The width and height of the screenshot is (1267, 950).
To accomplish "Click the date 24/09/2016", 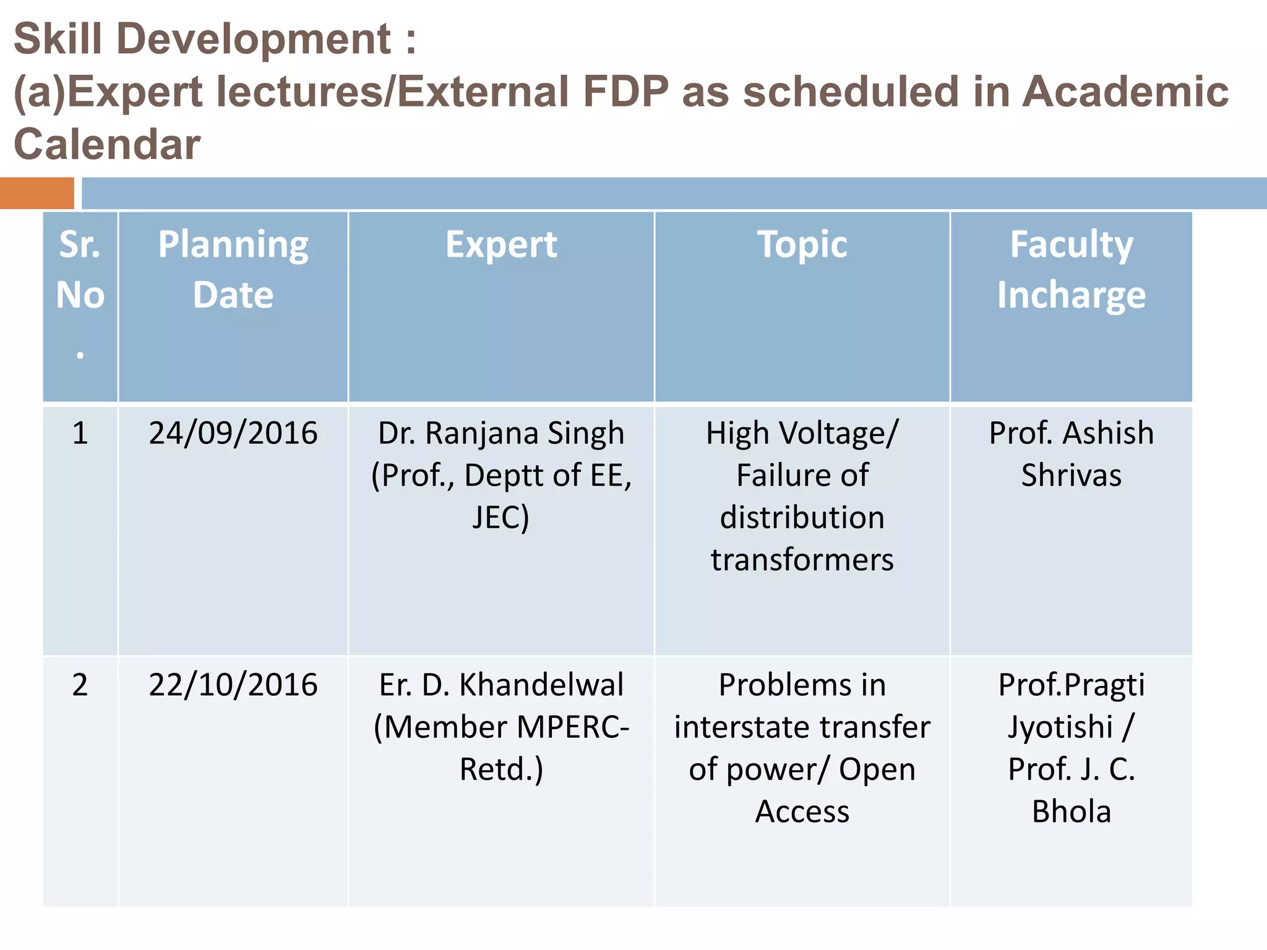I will [233, 433].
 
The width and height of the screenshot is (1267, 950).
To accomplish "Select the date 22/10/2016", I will [233, 685].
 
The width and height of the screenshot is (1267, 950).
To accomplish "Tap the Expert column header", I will [501, 245].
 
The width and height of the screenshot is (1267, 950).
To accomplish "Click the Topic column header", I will [802, 245].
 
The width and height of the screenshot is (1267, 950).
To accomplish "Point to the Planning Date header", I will [233, 269].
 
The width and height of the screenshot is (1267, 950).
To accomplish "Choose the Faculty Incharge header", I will [1071, 269].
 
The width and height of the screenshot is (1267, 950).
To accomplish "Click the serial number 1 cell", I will [80, 433].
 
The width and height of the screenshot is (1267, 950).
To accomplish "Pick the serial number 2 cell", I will [80, 685].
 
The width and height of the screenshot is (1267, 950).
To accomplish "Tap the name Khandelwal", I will [541, 685].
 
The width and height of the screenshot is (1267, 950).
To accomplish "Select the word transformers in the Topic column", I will [802, 560].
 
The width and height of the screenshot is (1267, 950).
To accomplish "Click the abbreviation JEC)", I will [500, 517].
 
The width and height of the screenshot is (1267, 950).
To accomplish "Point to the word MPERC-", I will [573, 727].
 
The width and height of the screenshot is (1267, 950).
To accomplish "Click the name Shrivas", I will [1071, 475].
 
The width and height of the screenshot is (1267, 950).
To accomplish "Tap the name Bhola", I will [1071, 811].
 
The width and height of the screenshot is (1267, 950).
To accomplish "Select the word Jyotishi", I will [1060, 727].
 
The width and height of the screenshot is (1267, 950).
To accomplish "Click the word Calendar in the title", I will [107, 144].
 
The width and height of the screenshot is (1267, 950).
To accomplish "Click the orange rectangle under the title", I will [37, 193].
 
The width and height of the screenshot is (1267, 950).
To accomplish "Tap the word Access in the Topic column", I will [802, 811].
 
